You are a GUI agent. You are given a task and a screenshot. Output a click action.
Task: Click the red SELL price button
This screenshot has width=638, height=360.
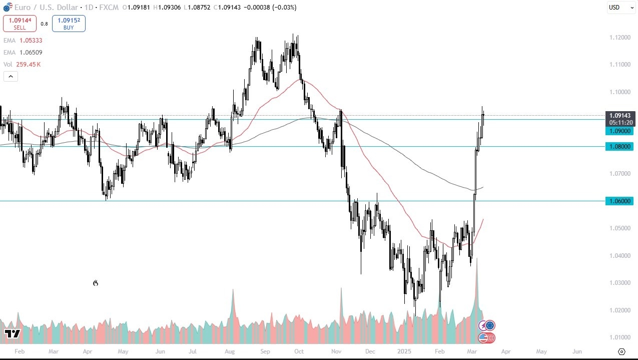pos(20,23)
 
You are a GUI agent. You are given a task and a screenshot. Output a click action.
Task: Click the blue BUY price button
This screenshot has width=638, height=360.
pos(69,23)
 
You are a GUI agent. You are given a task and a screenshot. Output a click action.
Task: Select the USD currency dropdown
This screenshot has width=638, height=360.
pos(620,7)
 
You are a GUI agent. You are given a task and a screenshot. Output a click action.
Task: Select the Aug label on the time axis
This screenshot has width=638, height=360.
pos(230,351)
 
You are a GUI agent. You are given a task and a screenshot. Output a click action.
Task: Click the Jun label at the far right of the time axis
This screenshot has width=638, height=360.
pos(577,351)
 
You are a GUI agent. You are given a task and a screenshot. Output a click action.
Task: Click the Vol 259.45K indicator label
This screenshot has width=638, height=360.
pos(22,64)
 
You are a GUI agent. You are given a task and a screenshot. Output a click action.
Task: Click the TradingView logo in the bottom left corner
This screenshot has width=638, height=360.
pos(12,333)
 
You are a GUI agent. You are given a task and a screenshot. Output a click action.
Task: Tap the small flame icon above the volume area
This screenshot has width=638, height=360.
pos(96,283)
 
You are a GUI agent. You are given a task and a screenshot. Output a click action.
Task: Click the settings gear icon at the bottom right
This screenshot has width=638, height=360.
pos(621,351)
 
